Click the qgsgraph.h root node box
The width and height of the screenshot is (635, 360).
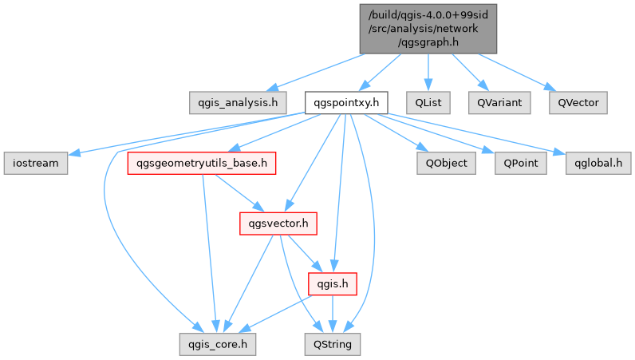[429, 28]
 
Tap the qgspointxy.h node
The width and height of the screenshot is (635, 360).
[346, 102]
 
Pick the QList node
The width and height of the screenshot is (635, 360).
[428, 102]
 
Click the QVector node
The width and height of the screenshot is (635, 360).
[578, 102]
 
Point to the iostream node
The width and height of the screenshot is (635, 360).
[35, 163]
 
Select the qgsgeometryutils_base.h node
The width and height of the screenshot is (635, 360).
[202, 163]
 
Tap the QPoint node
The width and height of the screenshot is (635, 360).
[520, 163]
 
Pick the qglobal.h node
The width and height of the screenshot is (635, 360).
[598, 163]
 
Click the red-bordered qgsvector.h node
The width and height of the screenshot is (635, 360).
[278, 224]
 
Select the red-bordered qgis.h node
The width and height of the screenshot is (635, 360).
[331, 283]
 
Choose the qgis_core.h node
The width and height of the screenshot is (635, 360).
[218, 344]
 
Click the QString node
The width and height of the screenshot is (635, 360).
[333, 344]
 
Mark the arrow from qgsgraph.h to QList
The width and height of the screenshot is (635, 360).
[428, 72]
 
